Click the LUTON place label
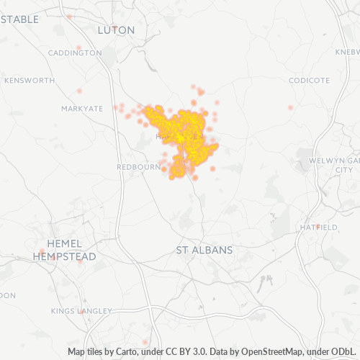click(115, 30)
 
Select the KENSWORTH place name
click(29, 81)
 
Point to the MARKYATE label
click(82, 108)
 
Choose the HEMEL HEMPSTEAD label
click(63, 250)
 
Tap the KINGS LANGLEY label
click(81, 311)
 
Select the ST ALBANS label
click(204, 250)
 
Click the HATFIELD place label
click(318, 227)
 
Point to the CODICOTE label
click(309, 81)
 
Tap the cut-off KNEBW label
click(346, 53)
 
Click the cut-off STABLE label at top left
click(19, 19)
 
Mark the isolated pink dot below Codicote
click(290, 107)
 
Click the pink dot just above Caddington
click(79, 48)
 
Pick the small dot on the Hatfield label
click(317, 227)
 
